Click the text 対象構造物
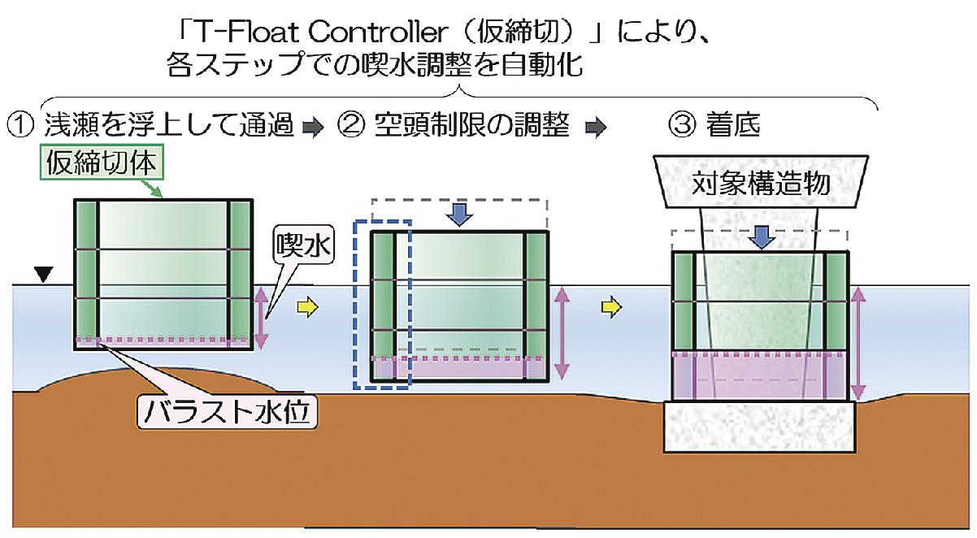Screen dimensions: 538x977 [760, 185]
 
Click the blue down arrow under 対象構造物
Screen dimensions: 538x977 [762, 236]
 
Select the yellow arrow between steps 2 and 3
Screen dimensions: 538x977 [613, 307]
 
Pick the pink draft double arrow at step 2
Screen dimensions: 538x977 [561, 333]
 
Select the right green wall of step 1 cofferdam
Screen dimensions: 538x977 [240, 273]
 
